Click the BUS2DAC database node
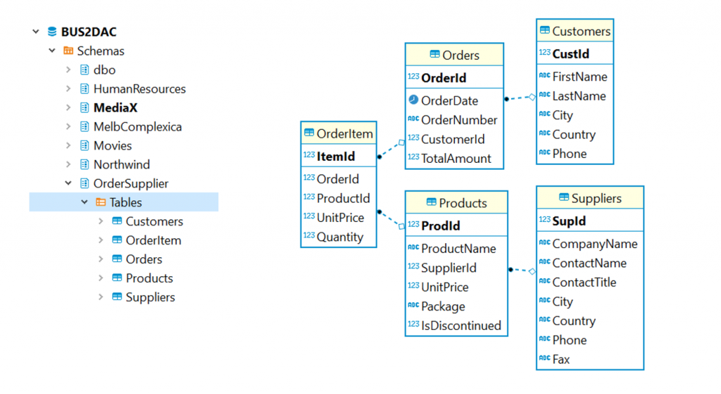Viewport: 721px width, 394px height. click(x=89, y=32)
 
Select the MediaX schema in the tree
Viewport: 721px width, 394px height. click(x=115, y=108)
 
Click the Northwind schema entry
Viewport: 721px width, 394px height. click(x=122, y=164)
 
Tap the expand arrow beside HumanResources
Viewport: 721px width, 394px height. click(x=68, y=89)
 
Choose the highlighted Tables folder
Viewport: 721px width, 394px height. click(x=125, y=202)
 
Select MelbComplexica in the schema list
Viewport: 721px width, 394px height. click(x=137, y=127)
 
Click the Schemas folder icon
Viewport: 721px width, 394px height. click(x=68, y=51)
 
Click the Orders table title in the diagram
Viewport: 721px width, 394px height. click(x=460, y=55)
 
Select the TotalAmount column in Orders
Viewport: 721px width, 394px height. click(x=456, y=159)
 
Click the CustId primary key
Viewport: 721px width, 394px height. click(x=570, y=54)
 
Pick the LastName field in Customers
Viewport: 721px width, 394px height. click(x=579, y=96)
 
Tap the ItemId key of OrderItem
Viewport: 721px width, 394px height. click(x=336, y=156)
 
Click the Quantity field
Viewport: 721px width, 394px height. click(x=339, y=237)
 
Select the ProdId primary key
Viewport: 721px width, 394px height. click(x=440, y=226)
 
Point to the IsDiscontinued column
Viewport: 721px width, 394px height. click(x=460, y=325)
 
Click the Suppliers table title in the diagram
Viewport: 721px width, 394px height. click(x=596, y=199)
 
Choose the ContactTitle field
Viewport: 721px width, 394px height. click(x=584, y=282)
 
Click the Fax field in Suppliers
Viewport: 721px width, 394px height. click(x=561, y=359)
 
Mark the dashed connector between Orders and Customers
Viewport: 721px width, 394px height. click(x=520, y=99)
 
